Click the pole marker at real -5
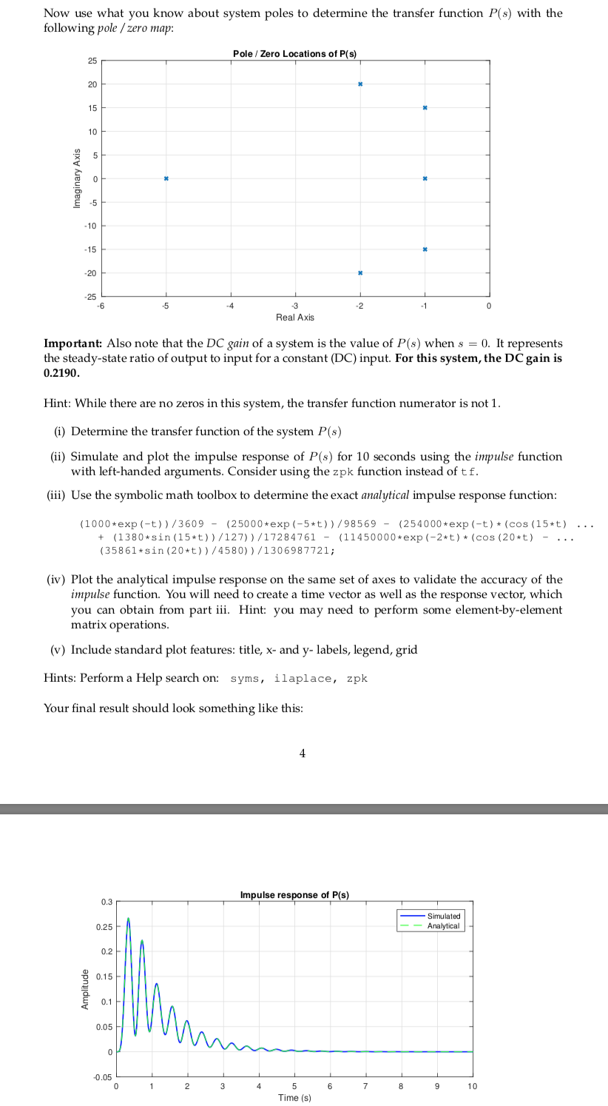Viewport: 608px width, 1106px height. click(x=166, y=178)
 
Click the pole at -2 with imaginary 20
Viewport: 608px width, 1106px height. click(x=360, y=84)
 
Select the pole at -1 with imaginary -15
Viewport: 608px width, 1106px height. click(x=425, y=249)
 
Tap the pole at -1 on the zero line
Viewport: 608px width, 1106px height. click(x=425, y=178)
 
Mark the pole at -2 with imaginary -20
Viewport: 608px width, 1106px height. click(x=360, y=273)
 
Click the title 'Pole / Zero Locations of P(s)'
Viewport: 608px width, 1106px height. click(x=294, y=54)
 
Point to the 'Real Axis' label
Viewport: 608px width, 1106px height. click(x=294, y=317)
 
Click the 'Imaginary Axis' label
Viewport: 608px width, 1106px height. click(x=76, y=178)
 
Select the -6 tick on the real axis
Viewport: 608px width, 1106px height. click(x=103, y=306)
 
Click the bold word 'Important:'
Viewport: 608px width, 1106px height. click(x=73, y=343)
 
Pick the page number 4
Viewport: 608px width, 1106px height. click(x=302, y=754)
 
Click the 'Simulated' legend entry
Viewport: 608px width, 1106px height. click(x=443, y=916)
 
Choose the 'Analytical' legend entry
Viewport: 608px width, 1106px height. click(x=443, y=926)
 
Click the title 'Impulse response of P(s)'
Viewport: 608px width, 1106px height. click(x=294, y=895)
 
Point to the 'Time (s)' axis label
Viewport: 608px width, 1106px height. click(x=294, y=1097)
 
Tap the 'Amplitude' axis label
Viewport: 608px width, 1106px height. click(x=86, y=989)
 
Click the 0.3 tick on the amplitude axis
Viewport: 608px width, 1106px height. click(x=107, y=902)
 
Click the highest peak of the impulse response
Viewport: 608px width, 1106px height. click(x=128, y=919)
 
